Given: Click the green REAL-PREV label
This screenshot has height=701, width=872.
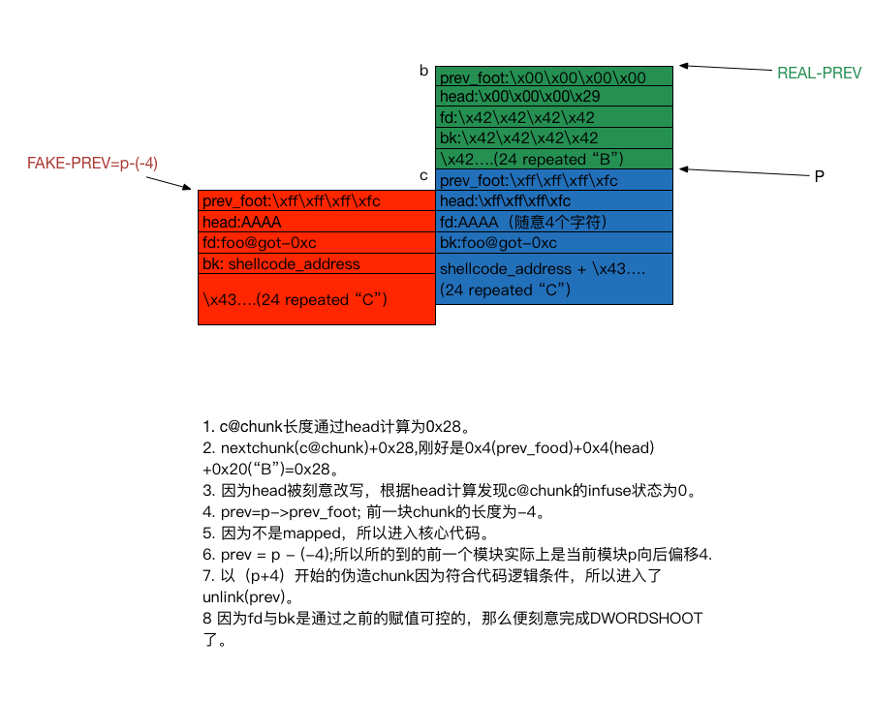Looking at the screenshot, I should click(x=819, y=74).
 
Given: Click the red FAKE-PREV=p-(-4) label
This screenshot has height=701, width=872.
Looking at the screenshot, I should click(x=92, y=164).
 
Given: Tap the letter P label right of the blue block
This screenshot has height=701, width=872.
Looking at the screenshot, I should click(x=819, y=177).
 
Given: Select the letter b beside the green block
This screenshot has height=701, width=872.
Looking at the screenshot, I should click(x=423, y=71).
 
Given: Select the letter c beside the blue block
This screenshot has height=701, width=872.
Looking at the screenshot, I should click(x=423, y=175).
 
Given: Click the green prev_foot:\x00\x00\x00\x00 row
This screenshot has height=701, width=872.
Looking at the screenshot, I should click(x=553, y=76).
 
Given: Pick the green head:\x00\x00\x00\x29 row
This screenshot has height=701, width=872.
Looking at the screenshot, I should click(x=553, y=97).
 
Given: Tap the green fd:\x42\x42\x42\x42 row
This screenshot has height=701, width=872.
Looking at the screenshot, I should click(x=553, y=117).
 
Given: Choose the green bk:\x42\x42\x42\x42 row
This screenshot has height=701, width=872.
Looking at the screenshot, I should click(x=553, y=138).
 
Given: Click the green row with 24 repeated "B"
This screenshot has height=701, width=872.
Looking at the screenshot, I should click(x=553, y=159).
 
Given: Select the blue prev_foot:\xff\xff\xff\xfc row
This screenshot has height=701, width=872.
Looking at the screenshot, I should click(x=553, y=180).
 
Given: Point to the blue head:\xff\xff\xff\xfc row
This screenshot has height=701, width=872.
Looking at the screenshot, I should click(x=553, y=201).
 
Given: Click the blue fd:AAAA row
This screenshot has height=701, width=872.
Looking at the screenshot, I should click(x=553, y=222).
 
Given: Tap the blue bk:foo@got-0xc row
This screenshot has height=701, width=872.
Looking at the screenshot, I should click(x=553, y=243).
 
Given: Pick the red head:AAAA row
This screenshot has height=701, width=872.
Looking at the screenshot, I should click(x=316, y=222).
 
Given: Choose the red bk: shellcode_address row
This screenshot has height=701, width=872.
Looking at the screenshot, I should click(x=316, y=263).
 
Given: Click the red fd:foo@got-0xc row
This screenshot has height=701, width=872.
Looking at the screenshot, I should click(x=316, y=243).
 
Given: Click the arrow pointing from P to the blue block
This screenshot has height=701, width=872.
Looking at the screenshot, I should click(x=741, y=171).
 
